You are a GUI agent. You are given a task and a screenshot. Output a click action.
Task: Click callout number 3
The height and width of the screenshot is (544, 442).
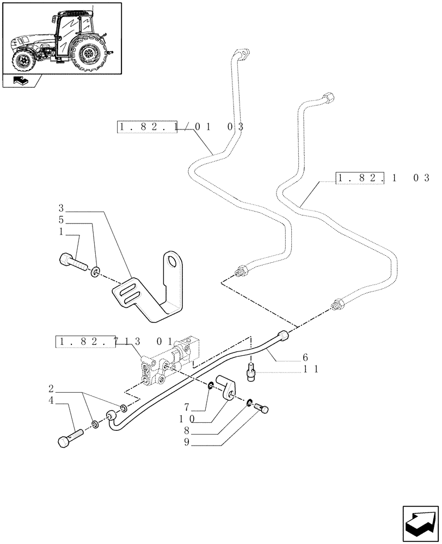[x=62, y=208]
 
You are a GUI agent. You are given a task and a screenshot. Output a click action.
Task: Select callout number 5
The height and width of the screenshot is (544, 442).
[x=62, y=220]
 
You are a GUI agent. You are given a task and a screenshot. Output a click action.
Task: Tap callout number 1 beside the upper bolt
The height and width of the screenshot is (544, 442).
[x=62, y=231]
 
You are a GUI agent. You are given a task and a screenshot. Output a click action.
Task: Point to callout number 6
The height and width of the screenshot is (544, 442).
[x=305, y=357]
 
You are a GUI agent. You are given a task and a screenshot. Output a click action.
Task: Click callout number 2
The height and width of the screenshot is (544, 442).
[x=51, y=388]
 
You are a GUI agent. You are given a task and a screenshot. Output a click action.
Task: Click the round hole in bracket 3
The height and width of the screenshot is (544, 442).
[x=174, y=261]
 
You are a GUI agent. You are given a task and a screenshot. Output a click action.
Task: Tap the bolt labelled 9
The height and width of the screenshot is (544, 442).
[x=262, y=407]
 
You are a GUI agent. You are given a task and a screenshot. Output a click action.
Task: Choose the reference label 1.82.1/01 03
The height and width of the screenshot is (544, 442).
[x=180, y=127]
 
